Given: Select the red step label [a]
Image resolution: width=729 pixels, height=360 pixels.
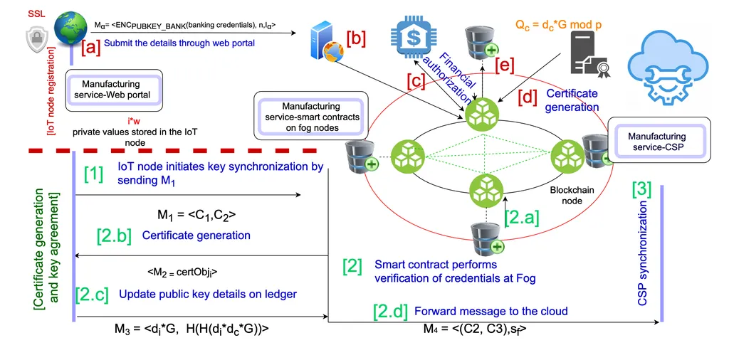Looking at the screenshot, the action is pos(90,47).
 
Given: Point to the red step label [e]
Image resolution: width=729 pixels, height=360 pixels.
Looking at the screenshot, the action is pos(504,65).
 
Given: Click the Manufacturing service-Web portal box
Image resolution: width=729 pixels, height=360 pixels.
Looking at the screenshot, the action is pos(114,90).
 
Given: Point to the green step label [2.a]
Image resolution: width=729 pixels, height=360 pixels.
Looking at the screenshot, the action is pos(522,216).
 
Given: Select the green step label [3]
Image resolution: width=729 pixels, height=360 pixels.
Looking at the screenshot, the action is pos(642,189).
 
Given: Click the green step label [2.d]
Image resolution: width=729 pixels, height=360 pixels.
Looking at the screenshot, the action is pos(390,312).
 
